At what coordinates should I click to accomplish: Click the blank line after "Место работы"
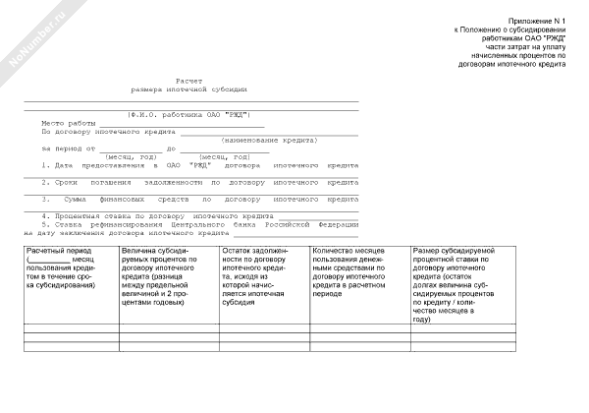tap(181, 125)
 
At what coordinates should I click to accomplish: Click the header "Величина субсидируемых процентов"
tap(163, 278)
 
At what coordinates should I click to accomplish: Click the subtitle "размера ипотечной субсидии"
tap(189, 88)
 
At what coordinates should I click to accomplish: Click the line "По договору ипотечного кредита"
tap(107, 132)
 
